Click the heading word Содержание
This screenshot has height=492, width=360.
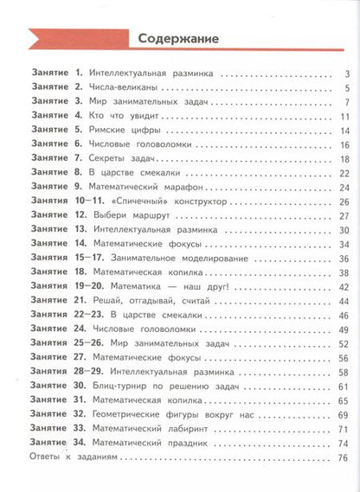coord(179,40)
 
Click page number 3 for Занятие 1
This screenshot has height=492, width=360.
coord(345,74)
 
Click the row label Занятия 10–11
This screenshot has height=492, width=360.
coord(56,201)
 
